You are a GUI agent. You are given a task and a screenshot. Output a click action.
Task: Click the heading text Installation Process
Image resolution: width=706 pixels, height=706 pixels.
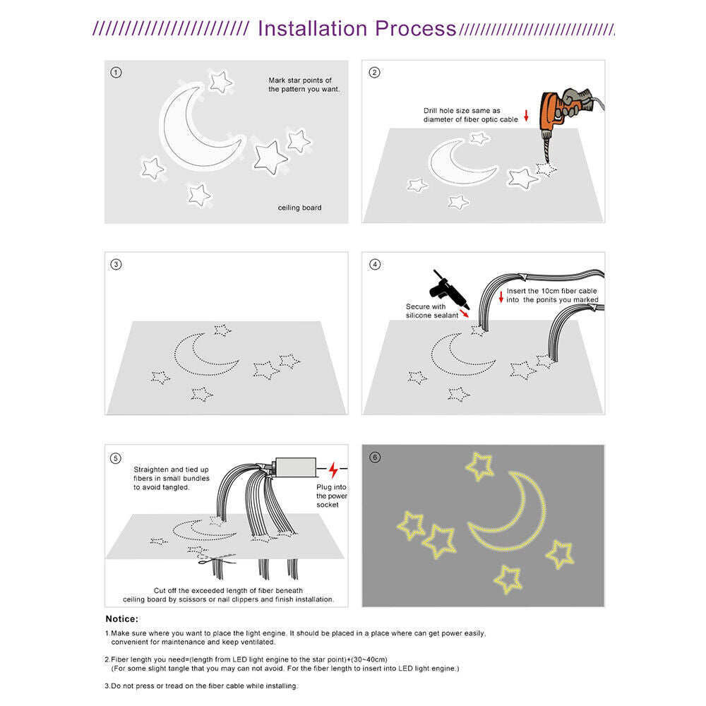pos(357,28)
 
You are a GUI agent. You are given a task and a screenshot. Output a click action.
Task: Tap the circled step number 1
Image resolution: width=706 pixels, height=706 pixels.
pos(116,73)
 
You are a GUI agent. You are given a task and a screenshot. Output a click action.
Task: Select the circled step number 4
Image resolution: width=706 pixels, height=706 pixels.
pos(375,264)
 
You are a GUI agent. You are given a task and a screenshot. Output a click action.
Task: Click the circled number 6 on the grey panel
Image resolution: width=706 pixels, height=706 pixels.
pos(375,457)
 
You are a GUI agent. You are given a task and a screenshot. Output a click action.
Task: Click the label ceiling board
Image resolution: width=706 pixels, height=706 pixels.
pos(299,208)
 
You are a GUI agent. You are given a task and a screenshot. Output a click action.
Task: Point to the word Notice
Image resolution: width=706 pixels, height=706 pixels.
pos(121,619)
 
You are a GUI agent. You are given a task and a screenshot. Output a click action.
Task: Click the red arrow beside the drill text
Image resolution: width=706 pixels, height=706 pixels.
pos(526,115)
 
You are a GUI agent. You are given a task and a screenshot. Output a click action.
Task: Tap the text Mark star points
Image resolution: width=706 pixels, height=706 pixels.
pos(300,85)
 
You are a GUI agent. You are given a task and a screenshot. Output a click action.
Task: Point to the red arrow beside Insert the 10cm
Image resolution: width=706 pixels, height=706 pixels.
pos(501,295)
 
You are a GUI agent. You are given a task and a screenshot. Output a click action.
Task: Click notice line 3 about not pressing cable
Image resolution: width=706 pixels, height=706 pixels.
pos(201,686)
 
